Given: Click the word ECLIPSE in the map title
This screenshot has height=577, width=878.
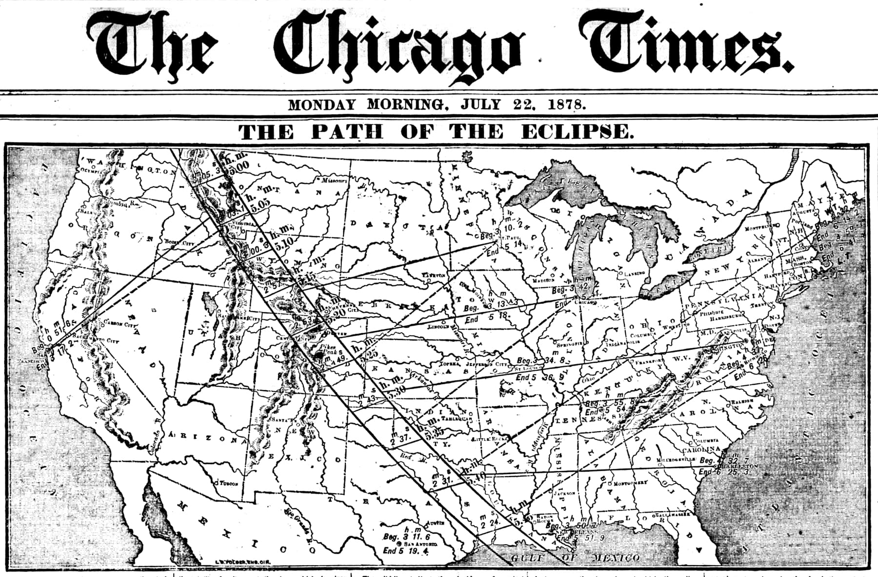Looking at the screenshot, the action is pyautogui.click(x=577, y=132).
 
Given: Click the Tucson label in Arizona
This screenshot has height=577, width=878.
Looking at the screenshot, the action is pyautogui.click(x=228, y=483).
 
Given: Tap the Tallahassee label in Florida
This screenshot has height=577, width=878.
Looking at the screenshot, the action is pyautogui.click(x=673, y=515).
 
